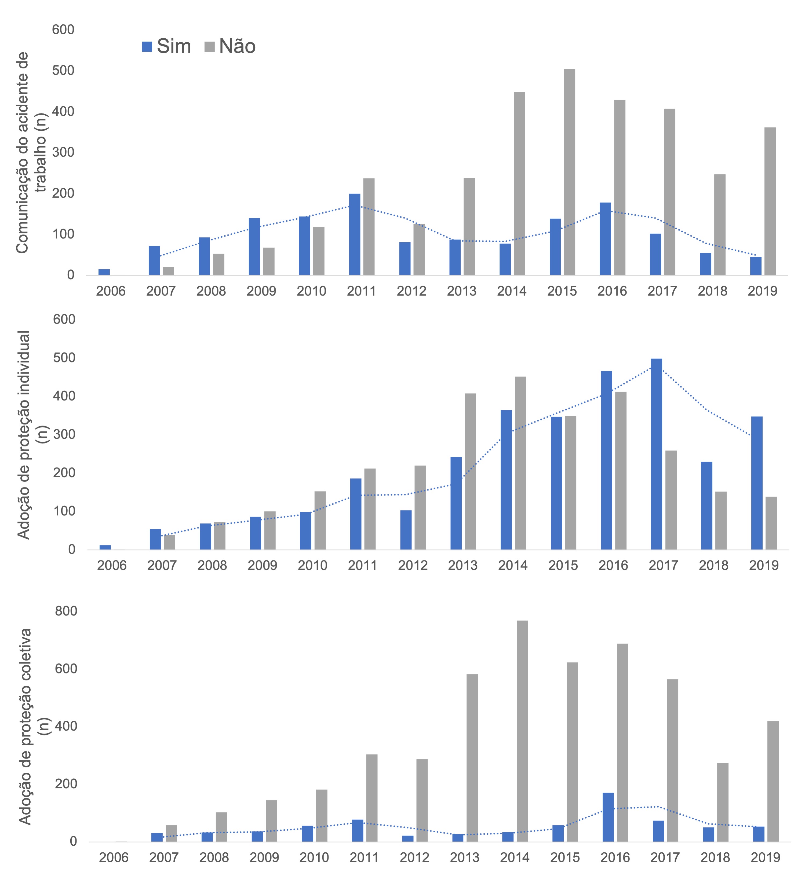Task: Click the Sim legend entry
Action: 166,46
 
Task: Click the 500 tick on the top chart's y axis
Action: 63,70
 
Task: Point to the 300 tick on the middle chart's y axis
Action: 64,434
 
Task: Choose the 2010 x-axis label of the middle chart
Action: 312,565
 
